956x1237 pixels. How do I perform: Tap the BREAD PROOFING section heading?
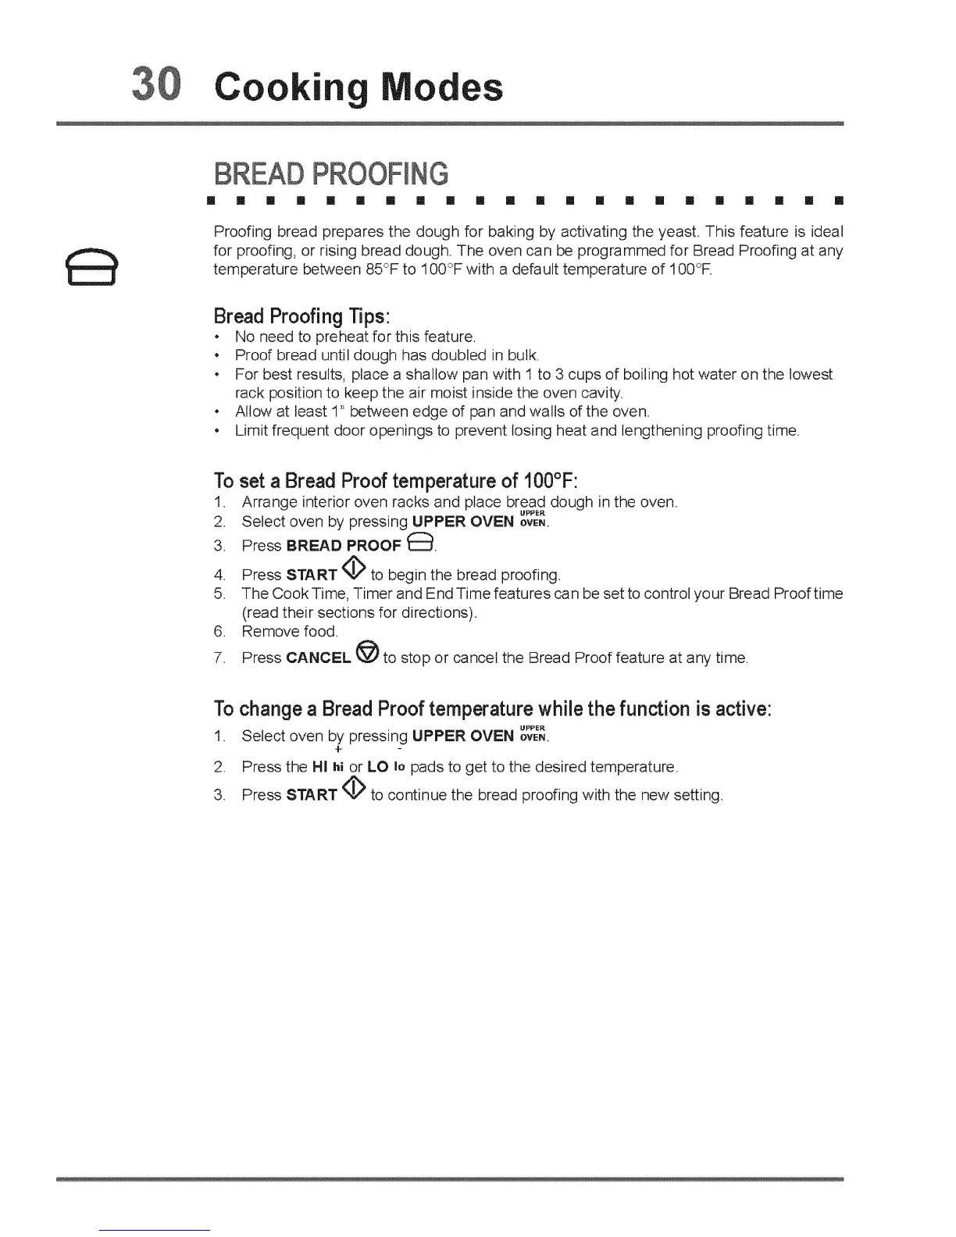pyautogui.click(x=331, y=173)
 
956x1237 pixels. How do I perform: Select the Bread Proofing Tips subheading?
pyautogui.click(x=301, y=316)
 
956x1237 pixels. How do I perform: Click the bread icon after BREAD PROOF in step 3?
pyautogui.click(x=420, y=544)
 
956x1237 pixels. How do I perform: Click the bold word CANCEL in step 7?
pyautogui.click(x=318, y=658)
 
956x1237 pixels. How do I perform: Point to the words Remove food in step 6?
pyautogui.click(x=289, y=631)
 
